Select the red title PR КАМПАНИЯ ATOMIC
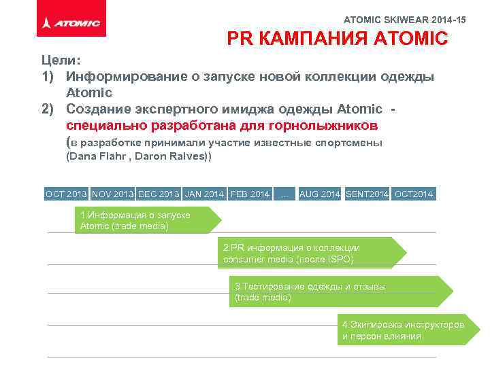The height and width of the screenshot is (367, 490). [x=337, y=39]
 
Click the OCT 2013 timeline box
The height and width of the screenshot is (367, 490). [x=66, y=194]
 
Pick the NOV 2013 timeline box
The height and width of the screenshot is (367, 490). [x=112, y=194]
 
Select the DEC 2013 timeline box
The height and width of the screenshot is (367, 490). [x=159, y=194]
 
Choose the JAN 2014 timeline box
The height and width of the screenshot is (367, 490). [x=204, y=194]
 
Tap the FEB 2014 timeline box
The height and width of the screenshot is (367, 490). [x=250, y=194]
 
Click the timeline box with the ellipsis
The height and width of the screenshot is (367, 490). [x=284, y=194]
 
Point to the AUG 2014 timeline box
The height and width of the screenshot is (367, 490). [x=320, y=194]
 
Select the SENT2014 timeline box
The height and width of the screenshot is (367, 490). [x=367, y=194]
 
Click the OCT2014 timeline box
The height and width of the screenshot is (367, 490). [x=414, y=194]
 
